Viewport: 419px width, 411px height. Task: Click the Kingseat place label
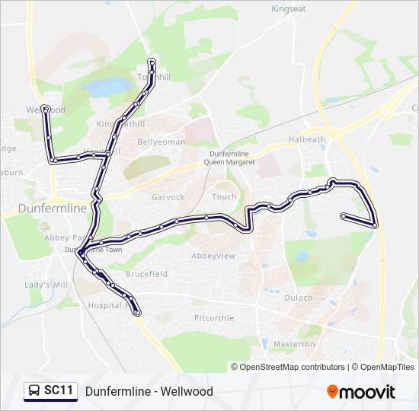(289, 9)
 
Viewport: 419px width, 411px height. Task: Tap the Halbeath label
(307, 140)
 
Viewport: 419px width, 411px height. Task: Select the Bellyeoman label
(161, 142)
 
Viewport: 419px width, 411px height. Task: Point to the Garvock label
(168, 197)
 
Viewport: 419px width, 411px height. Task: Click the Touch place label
(224, 196)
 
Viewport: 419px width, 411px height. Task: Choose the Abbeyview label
(213, 256)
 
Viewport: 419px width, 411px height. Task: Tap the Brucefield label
(147, 274)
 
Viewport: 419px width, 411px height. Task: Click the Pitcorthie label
(213, 318)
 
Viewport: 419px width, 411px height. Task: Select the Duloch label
(299, 298)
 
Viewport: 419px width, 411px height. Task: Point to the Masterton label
(293, 344)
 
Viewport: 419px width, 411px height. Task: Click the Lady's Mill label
(46, 285)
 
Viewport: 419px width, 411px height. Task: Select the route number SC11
(59, 391)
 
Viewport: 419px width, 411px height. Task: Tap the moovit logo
(361, 392)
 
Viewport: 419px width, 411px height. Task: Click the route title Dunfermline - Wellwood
(149, 391)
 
